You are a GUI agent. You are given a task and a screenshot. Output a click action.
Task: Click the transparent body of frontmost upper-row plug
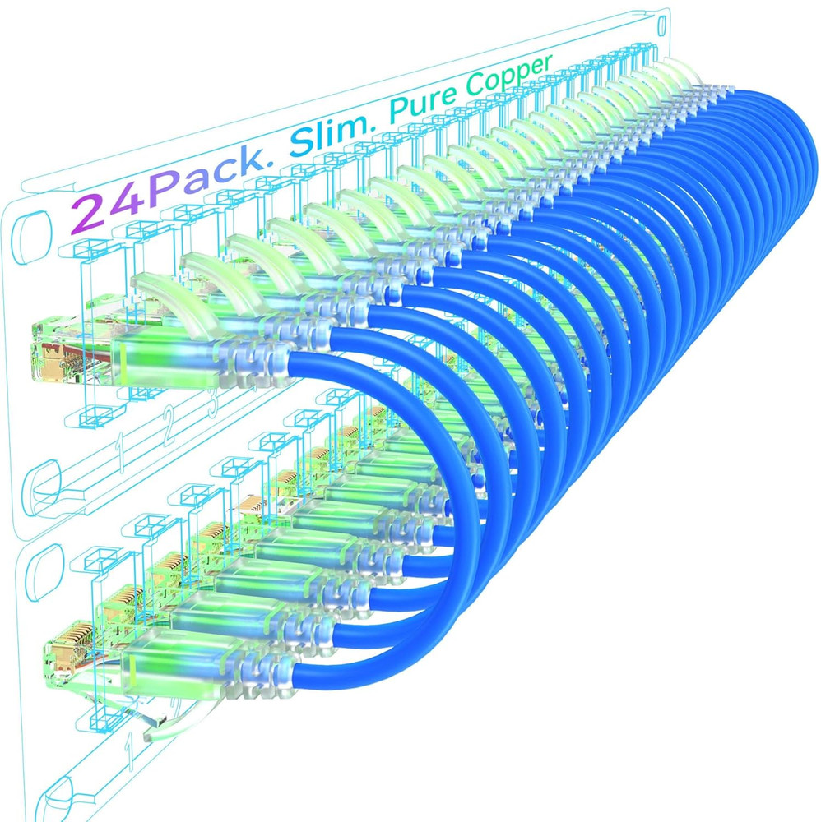tap(165, 362)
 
